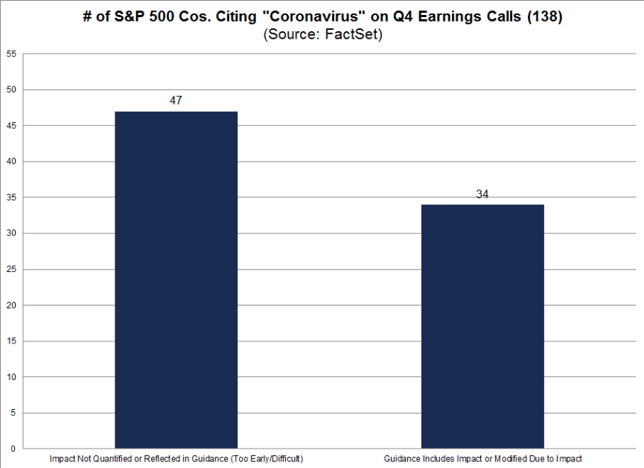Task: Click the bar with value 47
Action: click(176, 279)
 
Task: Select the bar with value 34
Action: click(482, 326)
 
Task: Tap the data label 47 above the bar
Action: click(176, 101)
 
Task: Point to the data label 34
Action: click(482, 195)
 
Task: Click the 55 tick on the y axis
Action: click(11, 54)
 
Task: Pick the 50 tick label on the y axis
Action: click(11, 90)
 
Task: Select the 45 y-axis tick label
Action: click(11, 126)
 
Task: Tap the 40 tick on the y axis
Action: click(11, 162)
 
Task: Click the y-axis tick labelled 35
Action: click(11, 197)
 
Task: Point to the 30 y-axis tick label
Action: click(11, 233)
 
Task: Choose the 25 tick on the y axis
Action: click(11, 269)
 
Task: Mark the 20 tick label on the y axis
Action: click(11, 305)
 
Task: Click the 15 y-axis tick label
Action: click(11, 341)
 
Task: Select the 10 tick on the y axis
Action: click(11, 376)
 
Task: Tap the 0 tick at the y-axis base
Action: click(13, 449)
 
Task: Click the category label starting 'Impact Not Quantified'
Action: click(176, 458)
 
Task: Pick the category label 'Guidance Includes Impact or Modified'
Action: click(482, 458)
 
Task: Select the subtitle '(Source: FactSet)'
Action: click(322, 35)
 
